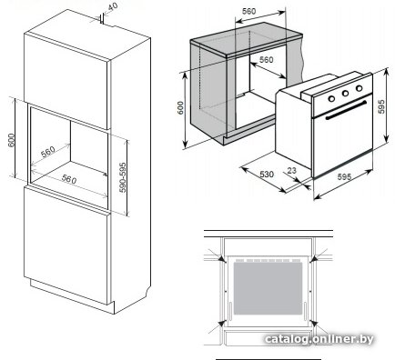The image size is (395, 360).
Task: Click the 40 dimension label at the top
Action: [x=113, y=6]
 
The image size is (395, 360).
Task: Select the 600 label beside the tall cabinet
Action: [x=11, y=140]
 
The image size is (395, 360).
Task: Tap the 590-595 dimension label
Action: [x=123, y=177]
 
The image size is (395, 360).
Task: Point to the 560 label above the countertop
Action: [x=248, y=11]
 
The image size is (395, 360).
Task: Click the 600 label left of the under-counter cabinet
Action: [x=180, y=108]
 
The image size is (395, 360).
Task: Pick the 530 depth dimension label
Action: [x=267, y=175]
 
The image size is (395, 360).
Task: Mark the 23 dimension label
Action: [x=291, y=171]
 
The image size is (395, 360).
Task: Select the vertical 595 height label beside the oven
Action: [x=381, y=106]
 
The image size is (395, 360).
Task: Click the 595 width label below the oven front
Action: [x=344, y=176]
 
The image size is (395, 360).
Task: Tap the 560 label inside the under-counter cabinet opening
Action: [x=266, y=60]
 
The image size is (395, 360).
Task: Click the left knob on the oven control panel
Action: [x=331, y=98]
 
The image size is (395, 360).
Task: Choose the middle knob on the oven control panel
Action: [x=345, y=94]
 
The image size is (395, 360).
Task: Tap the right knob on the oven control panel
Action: [x=360, y=88]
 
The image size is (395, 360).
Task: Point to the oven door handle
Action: [x=346, y=109]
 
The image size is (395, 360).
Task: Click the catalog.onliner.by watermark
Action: [x=319, y=339]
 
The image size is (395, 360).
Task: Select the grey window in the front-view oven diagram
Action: [x=268, y=288]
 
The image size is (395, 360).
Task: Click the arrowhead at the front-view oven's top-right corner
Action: [x=313, y=258]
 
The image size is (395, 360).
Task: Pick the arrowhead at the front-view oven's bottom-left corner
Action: [x=222, y=323]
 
